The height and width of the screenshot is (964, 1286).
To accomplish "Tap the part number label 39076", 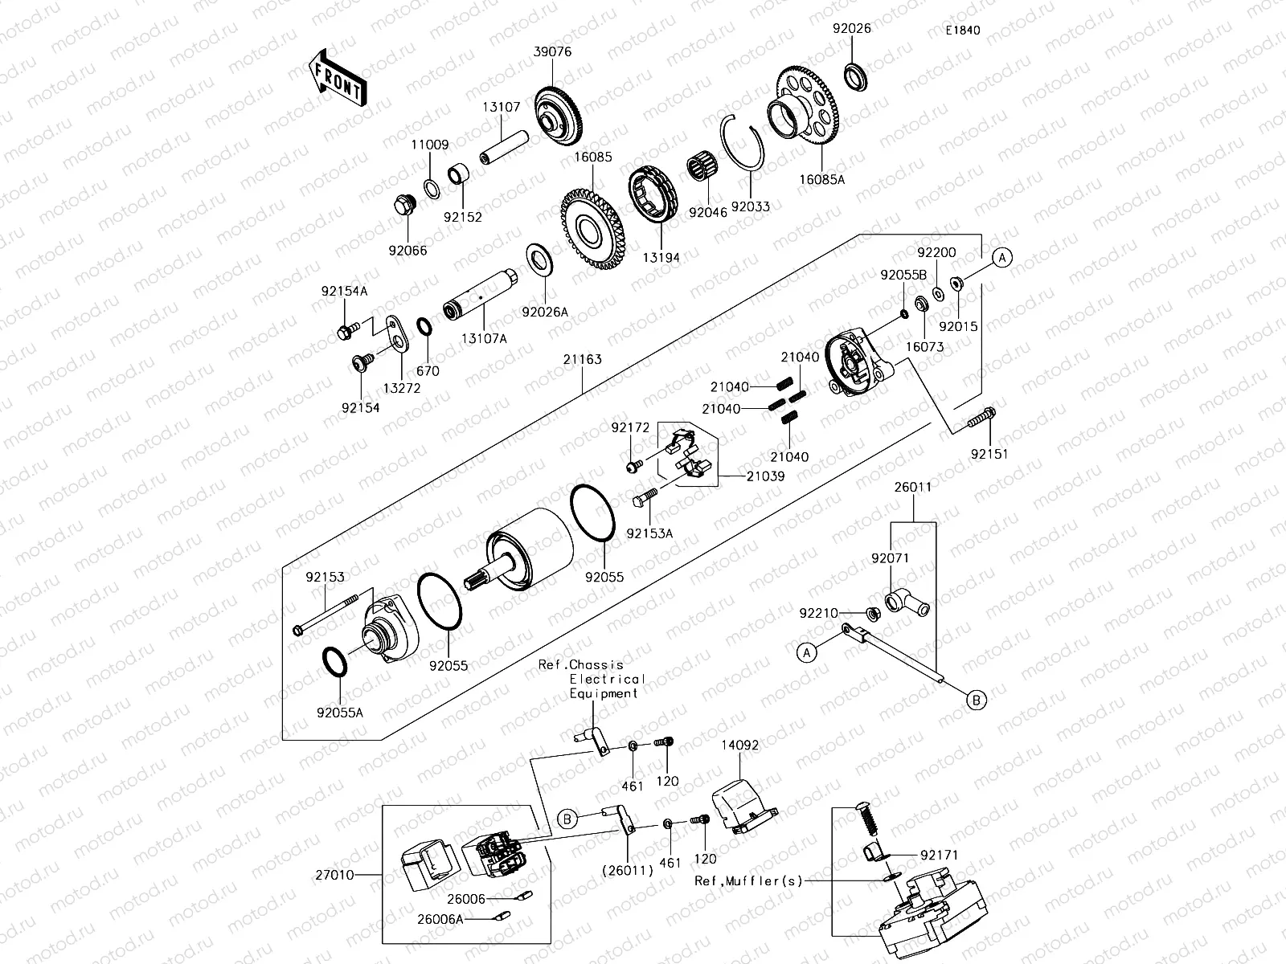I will click(552, 51).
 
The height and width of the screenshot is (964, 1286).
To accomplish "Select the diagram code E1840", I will click(962, 31).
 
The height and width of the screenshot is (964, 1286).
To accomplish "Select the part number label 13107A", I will click(483, 339).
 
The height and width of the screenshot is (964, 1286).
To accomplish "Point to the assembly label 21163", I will click(582, 360).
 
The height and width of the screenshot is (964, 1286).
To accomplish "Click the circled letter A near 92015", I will click(1001, 258).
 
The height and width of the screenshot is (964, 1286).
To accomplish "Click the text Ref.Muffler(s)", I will click(749, 881).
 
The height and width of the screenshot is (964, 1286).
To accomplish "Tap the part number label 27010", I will click(335, 875).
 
